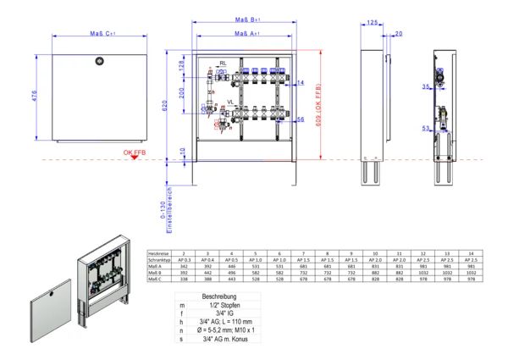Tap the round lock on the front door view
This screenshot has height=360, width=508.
point(99,60)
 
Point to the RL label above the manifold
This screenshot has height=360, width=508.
point(223,64)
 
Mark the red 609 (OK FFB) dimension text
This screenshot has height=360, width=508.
point(318,104)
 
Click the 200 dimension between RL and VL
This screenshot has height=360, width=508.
point(181,92)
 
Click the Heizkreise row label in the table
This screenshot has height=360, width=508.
point(158,252)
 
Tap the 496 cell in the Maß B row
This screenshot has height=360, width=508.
point(234,272)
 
